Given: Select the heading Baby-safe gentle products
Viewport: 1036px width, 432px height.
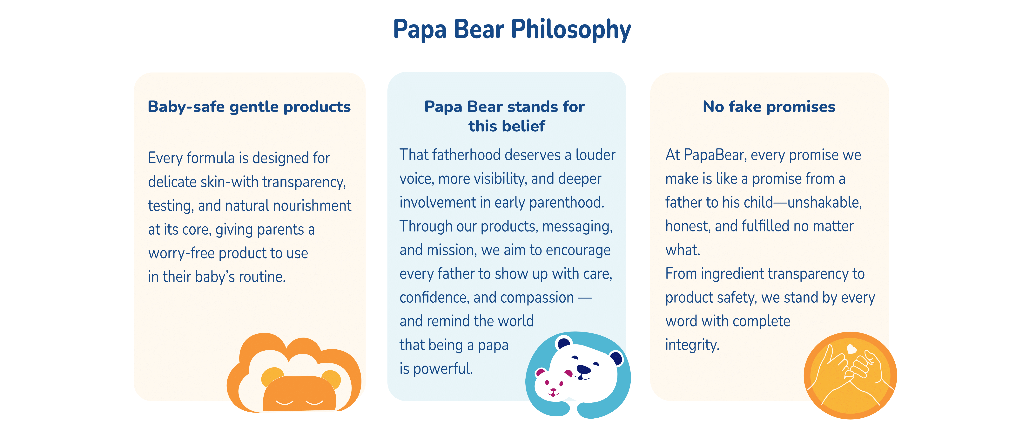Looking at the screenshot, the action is [249, 107].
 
